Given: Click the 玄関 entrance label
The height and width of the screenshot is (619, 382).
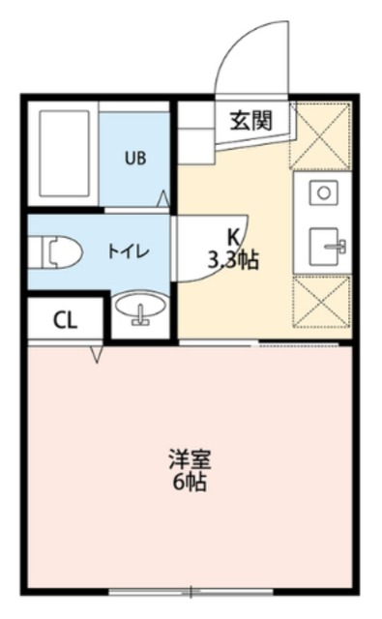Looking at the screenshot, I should pos(250,121).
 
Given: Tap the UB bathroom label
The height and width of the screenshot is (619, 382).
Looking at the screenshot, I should pos(134,158).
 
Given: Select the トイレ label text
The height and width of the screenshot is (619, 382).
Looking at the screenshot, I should pos(127,251).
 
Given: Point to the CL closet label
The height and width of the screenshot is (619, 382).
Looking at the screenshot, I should pos(64,322).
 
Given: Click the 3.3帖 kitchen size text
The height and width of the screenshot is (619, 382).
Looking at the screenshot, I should pos(233,259).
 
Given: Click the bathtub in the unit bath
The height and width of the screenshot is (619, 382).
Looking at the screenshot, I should pos(64,157).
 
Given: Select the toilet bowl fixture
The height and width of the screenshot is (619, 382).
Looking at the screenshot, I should pos(59,252).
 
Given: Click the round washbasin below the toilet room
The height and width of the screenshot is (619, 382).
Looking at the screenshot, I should pos(139,311).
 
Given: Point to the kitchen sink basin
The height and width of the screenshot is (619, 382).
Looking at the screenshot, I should pos(326,246).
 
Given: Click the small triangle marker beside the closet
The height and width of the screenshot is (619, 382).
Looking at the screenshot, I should pos(96,354).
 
